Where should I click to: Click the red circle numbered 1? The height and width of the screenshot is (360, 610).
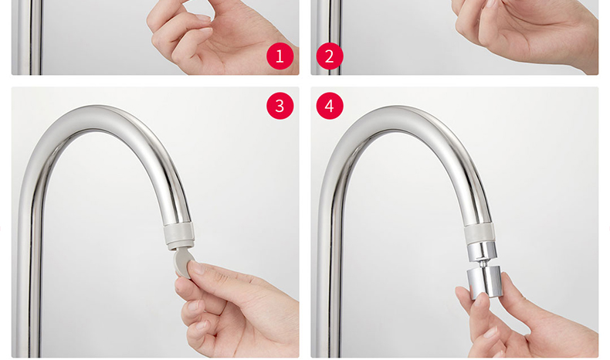pyautogui.click(x=280, y=56)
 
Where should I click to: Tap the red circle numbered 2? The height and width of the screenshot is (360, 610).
pyautogui.click(x=330, y=56)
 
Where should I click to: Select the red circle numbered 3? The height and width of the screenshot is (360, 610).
pyautogui.click(x=280, y=106)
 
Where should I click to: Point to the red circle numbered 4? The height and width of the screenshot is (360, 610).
pyautogui.click(x=330, y=106)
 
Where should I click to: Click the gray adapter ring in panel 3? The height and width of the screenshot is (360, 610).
pyautogui.click(x=178, y=236)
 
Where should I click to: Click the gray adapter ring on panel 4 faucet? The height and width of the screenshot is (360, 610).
pyautogui.click(x=480, y=234)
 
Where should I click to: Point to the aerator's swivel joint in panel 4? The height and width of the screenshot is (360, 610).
pyautogui.click(x=483, y=263)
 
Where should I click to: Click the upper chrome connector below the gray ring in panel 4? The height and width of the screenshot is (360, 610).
pyautogui.click(x=482, y=250)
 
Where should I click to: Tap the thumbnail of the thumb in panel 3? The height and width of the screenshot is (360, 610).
pyautogui.click(x=196, y=267)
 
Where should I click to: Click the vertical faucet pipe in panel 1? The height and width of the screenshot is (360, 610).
pyautogui.click(x=29, y=37)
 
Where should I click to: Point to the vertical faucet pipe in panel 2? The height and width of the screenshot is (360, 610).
pyautogui.click(x=329, y=37)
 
